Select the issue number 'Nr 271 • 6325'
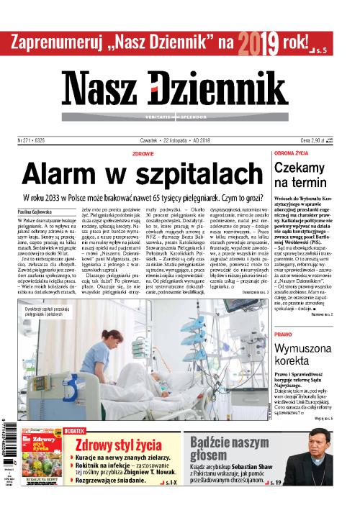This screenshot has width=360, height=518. point(33,141)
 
